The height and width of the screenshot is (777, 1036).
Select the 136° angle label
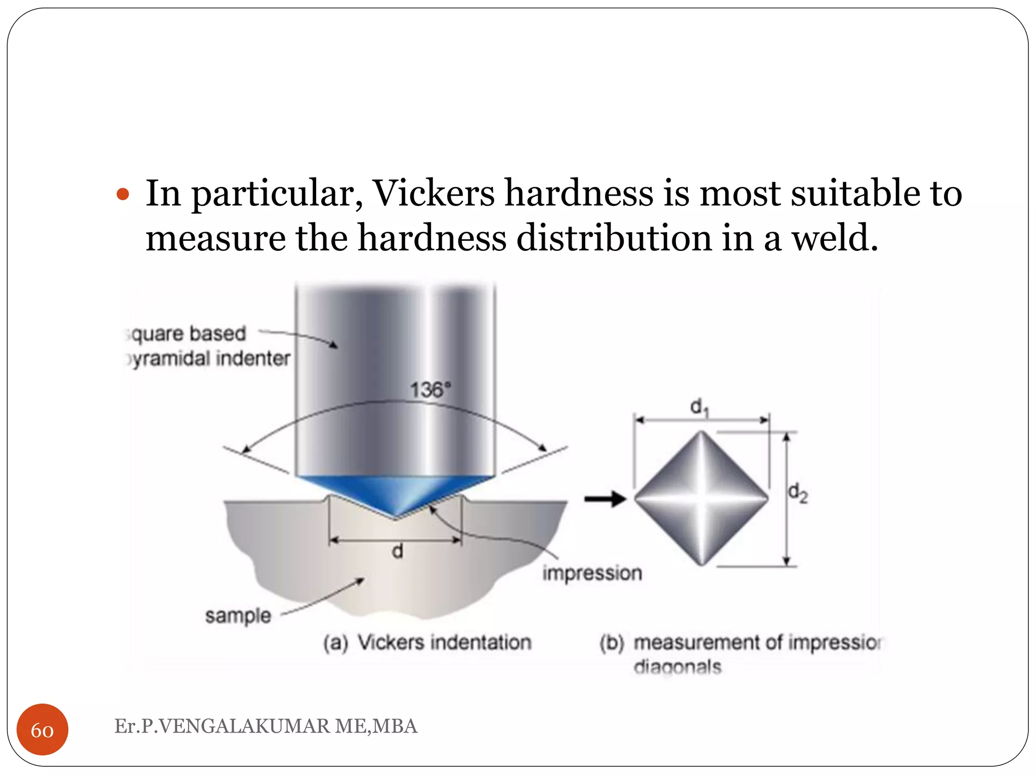click(429, 390)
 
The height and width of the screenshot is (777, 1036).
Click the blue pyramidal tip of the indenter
click(396, 493)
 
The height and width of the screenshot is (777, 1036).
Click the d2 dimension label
click(798, 493)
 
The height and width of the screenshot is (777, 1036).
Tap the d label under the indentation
click(398, 551)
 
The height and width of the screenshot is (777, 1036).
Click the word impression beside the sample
click(592, 573)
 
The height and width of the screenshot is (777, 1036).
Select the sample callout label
click(238, 616)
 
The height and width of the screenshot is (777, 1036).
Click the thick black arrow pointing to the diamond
click(605, 499)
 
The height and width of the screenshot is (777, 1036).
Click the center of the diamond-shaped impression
click(702, 498)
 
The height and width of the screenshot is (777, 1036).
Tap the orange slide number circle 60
click(42, 729)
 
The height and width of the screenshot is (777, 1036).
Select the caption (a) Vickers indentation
click(427, 642)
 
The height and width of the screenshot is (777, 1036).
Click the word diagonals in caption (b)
click(677, 667)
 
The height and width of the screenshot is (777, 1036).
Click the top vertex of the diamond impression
click(702, 432)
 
